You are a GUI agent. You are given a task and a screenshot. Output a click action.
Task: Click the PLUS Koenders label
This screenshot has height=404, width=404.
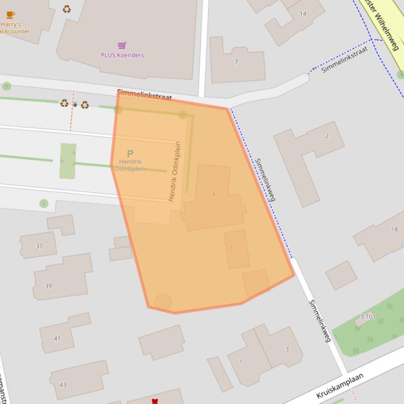pos(122,55)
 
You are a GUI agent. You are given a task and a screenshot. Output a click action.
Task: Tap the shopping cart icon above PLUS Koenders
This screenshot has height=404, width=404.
pos(122,46)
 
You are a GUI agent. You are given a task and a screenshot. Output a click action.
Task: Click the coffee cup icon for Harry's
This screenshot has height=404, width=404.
pos(10,15)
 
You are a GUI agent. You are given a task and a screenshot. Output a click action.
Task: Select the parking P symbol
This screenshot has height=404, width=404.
pos(130,154)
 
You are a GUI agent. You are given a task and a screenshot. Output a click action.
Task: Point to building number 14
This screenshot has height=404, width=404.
pos(303,14)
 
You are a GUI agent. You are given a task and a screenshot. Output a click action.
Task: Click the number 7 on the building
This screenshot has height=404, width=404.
pos(236,62)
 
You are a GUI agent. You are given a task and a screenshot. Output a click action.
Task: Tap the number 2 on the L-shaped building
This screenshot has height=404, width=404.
pos(327,136)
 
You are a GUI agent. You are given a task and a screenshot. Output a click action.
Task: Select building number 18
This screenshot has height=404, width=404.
pos(394,229)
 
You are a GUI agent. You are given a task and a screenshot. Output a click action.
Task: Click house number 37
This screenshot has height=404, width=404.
pos(39,246)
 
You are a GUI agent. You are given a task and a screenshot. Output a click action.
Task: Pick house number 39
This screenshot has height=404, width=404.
pos(48,286)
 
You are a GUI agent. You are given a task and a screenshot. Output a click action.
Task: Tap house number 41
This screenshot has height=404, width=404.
pos(57,338)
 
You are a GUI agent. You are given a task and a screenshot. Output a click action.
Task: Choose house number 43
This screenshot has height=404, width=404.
pos(63,385)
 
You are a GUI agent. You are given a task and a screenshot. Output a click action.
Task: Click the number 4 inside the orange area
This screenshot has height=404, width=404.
pos(213,195)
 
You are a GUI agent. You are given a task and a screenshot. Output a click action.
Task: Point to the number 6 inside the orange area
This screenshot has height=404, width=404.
pos(232,248)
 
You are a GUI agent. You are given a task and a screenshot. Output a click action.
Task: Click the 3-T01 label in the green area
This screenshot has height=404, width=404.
pos(368,317)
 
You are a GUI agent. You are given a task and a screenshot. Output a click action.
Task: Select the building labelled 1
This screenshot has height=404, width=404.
pos(241,361)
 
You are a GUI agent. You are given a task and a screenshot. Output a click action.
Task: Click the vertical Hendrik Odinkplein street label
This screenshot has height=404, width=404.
pos(174,172)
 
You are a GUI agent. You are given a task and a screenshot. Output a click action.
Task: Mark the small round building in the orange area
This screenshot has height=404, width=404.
pos(163,302)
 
